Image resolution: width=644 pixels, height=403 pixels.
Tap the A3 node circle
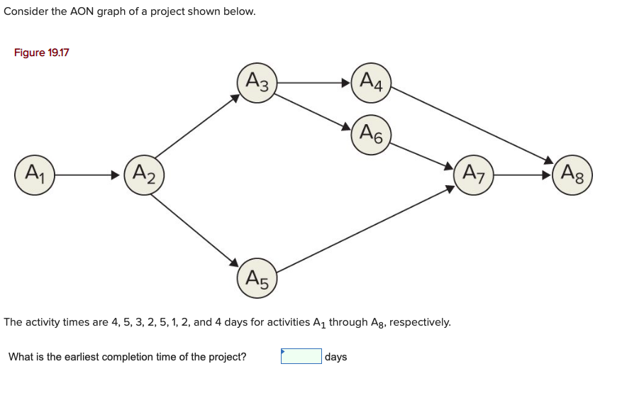coord(257,83)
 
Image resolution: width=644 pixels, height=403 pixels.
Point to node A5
coord(257,279)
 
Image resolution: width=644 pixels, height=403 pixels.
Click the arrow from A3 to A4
coord(313,83)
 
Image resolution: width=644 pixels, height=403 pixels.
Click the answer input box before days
coord(301,356)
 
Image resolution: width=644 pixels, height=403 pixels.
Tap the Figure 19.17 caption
coord(42,53)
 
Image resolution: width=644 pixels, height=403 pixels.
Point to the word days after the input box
coord(336,357)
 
